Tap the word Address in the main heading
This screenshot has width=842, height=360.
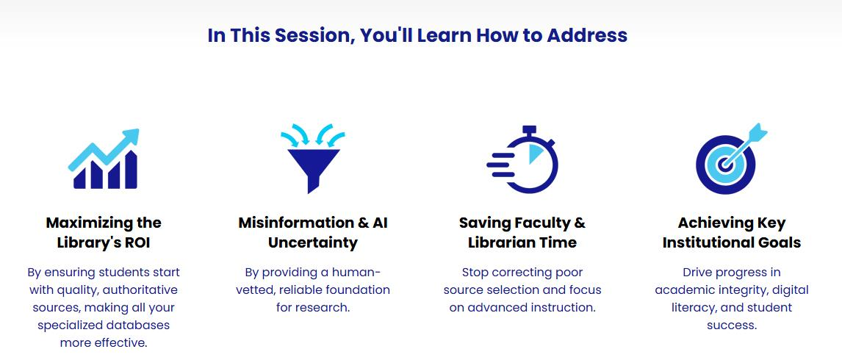pyautogui.click(x=587, y=35)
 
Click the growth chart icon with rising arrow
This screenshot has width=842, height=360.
pyautogui.click(x=104, y=159)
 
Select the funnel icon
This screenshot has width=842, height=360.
pyautogui.click(x=313, y=159)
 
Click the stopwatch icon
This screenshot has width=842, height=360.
pyautogui.click(x=522, y=159)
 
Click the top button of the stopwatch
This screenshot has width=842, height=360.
pyautogui.click(x=530, y=129)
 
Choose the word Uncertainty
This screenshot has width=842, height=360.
pyautogui.click(x=313, y=242)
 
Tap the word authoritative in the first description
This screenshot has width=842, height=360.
pyautogui.click(x=140, y=290)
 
